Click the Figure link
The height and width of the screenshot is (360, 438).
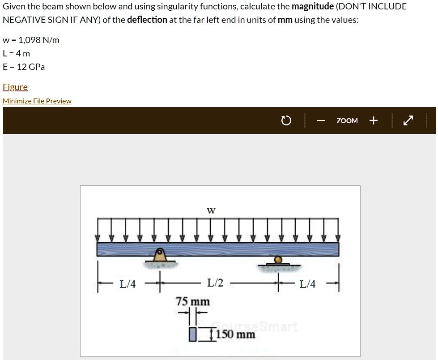point(15,87)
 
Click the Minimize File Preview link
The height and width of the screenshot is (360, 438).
point(37,101)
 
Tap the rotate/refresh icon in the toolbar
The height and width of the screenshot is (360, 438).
point(286,121)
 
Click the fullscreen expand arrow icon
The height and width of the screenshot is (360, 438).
point(408,120)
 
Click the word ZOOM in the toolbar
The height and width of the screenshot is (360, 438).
point(347,121)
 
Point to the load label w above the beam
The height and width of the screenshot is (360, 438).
point(211,210)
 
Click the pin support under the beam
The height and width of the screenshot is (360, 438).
point(160,255)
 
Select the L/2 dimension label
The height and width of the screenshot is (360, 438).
point(215,283)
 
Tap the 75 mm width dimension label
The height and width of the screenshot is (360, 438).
point(193,302)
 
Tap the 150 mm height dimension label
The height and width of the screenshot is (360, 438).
point(236,334)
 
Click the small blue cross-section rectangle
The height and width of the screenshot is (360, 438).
point(192,334)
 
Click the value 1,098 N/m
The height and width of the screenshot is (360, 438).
point(39,40)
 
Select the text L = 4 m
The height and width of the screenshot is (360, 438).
point(16,53)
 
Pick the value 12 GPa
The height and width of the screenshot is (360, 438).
point(31,67)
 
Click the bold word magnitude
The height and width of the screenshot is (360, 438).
point(313,7)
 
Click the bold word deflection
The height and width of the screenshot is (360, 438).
point(147,20)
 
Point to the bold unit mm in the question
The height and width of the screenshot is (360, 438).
point(285,20)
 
